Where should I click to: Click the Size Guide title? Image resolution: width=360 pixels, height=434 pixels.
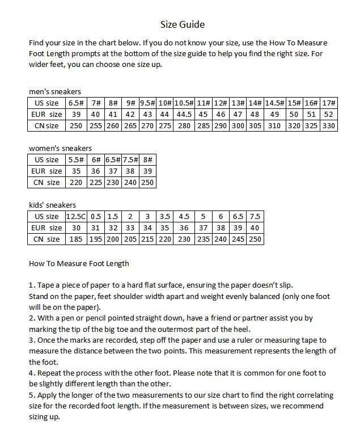click(x=182, y=24)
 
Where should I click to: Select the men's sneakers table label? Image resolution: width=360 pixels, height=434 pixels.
click(x=55, y=91)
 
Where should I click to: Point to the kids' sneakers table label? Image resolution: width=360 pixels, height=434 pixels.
click(x=52, y=205)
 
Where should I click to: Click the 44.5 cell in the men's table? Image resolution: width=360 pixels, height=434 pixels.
click(x=184, y=114)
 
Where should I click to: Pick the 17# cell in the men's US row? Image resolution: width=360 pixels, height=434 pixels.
click(x=329, y=103)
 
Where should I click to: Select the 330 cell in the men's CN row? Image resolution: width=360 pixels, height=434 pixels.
click(x=329, y=125)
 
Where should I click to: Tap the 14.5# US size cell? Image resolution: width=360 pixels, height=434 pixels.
click(x=274, y=103)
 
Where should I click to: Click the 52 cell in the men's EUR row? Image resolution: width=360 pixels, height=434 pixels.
click(x=329, y=114)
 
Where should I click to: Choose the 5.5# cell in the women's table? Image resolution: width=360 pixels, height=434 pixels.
click(x=75, y=159)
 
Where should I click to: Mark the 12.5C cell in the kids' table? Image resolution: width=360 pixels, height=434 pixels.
click(x=75, y=216)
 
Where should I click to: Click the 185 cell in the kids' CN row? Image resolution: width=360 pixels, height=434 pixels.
click(x=75, y=239)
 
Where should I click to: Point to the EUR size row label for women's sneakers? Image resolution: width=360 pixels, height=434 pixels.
click(x=46, y=171)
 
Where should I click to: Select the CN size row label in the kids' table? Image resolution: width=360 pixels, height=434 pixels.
click(x=46, y=239)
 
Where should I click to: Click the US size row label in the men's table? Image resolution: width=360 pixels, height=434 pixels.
click(x=46, y=103)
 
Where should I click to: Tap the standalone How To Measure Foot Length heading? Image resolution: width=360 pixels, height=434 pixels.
click(x=79, y=263)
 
